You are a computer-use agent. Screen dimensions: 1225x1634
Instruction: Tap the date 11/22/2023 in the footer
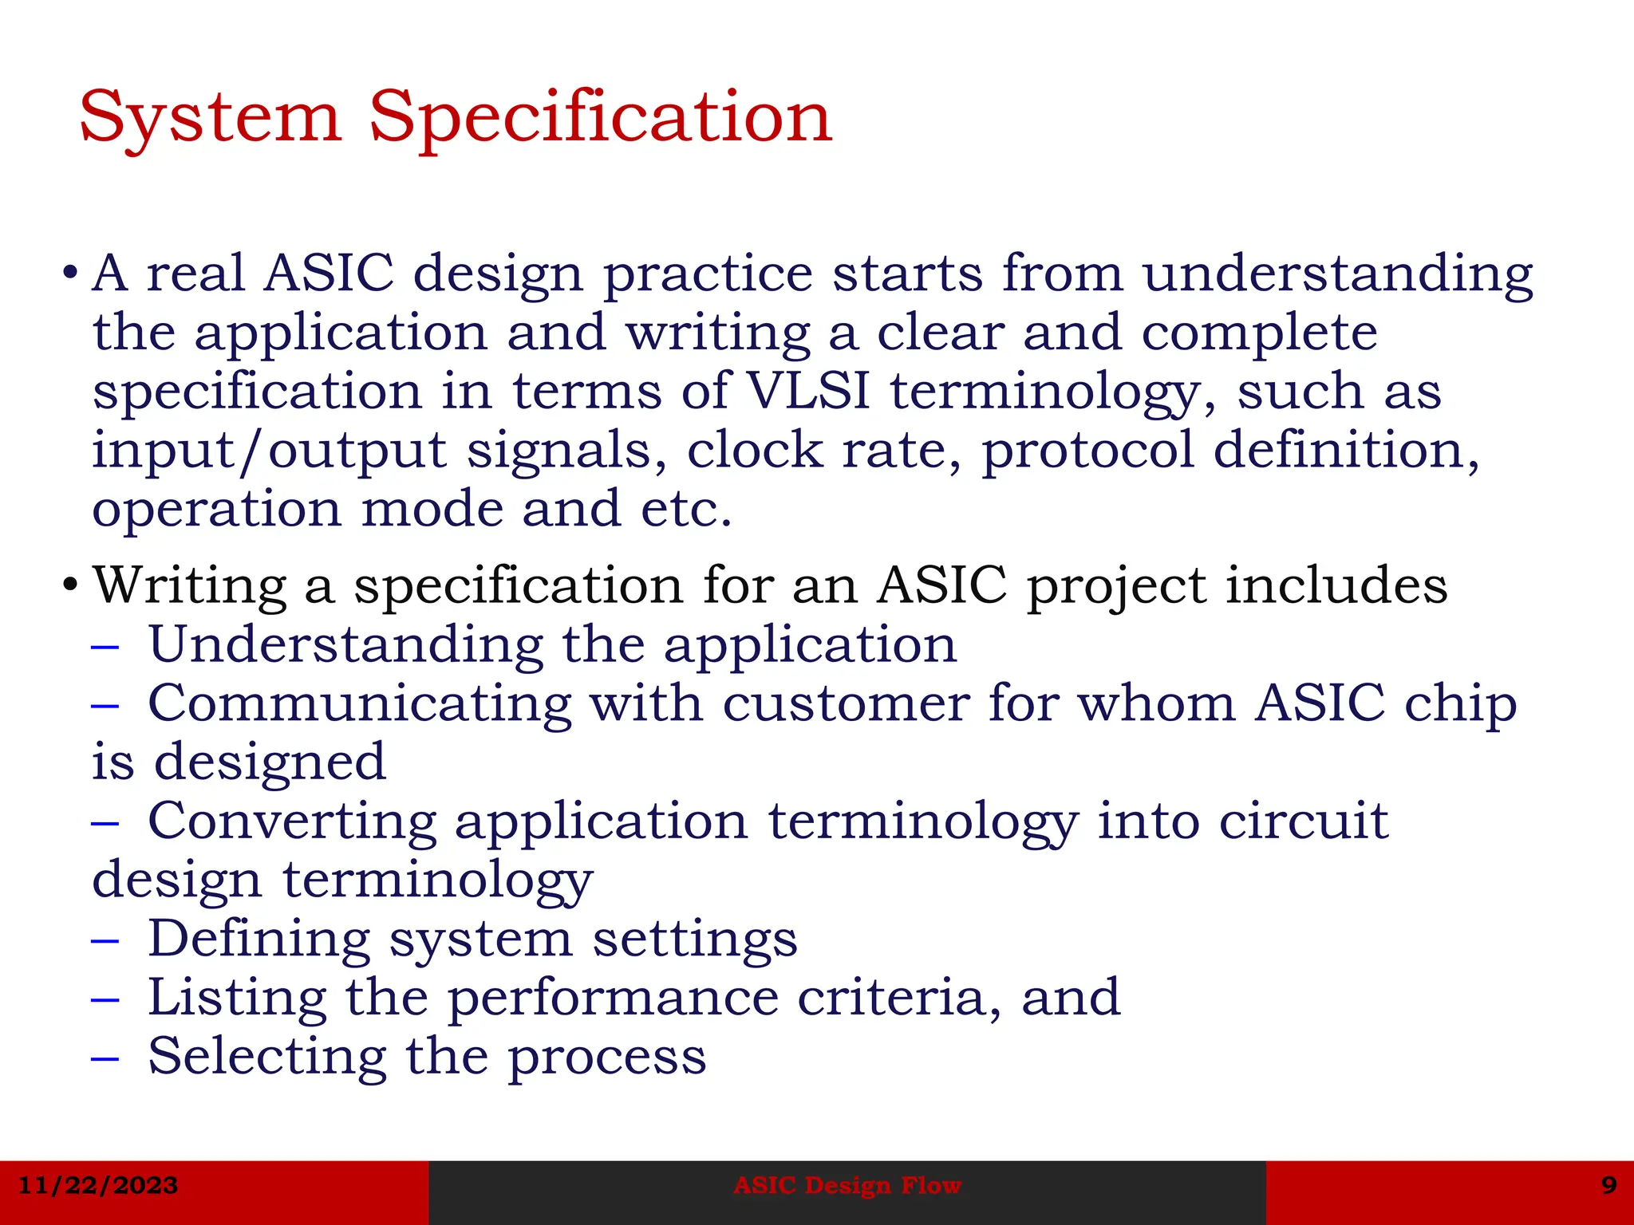pyautogui.click(x=97, y=1185)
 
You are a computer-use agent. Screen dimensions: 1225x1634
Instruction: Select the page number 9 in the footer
pyautogui.click(x=1609, y=1185)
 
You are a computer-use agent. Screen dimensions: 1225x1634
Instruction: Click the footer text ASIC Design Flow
pyautogui.click(x=847, y=1185)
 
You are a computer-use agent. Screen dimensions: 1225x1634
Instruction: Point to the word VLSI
pyautogui.click(x=807, y=392)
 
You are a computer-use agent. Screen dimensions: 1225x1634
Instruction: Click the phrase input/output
pyautogui.click(x=269, y=451)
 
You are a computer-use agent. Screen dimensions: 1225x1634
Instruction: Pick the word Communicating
pyautogui.click(x=360, y=705)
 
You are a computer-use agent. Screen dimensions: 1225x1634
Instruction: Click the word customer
pyautogui.click(x=846, y=705)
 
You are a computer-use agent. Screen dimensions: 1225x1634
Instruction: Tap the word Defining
pyautogui.click(x=259, y=939)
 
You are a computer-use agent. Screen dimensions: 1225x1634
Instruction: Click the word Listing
pyautogui.click(x=237, y=999)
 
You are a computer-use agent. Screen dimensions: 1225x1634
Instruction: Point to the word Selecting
pyautogui.click(x=267, y=1058)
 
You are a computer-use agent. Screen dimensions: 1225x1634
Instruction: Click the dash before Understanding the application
pyautogui.click(x=105, y=645)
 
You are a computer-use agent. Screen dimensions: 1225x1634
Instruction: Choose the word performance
pyautogui.click(x=612, y=999)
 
